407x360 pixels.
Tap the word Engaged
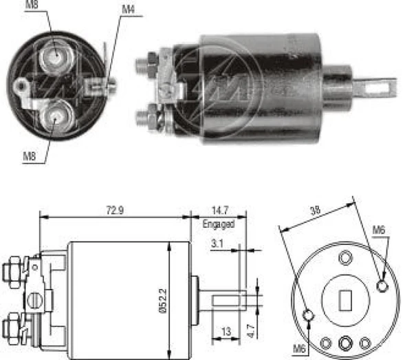(219, 224)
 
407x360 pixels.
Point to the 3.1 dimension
(217, 243)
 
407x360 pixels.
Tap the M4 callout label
(128, 9)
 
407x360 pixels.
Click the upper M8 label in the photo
(32, 6)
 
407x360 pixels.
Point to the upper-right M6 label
(379, 229)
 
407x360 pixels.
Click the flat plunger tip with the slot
(380, 87)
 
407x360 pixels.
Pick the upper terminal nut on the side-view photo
(146, 63)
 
